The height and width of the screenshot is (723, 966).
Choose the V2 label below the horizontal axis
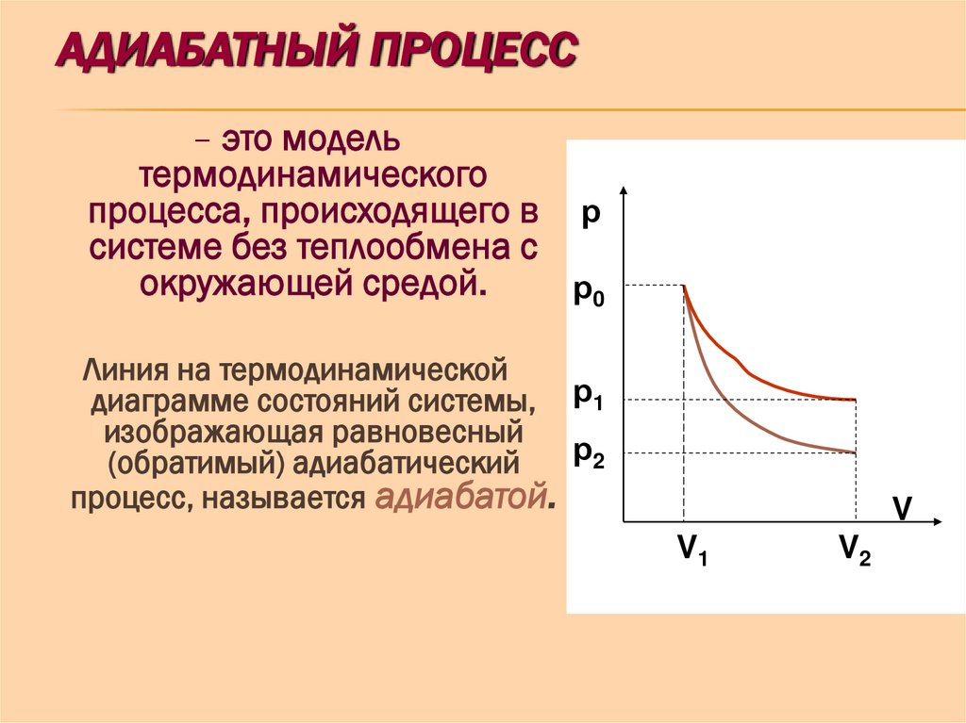855,550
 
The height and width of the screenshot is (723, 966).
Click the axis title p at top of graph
591,214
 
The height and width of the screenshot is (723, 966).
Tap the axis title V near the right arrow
903,509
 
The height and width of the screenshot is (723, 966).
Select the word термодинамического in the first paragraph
312,176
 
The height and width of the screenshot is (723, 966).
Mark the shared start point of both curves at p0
684,286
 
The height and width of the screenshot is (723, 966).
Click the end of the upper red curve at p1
855,400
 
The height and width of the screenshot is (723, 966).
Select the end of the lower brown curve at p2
855,453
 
